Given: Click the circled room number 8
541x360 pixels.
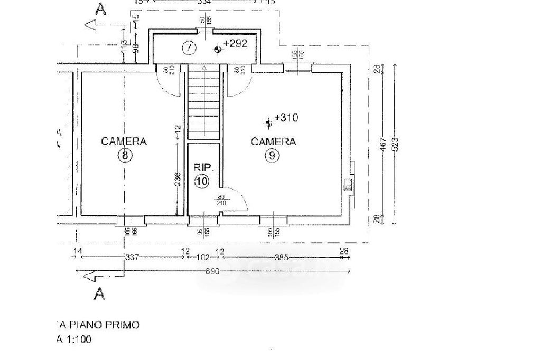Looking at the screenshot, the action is click(x=125, y=155).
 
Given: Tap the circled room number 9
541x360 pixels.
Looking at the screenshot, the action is click(x=272, y=156).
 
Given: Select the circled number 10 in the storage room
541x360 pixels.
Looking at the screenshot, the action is click(x=202, y=182).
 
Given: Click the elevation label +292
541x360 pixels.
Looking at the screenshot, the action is click(x=235, y=44).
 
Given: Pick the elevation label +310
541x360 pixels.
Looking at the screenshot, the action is click(x=286, y=118).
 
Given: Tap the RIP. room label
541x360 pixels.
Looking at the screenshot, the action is click(x=203, y=168).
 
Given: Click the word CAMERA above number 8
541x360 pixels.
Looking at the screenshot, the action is click(x=124, y=141).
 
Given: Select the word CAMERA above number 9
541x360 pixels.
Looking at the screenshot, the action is click(x=273, y=141).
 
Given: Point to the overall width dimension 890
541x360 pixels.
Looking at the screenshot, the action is click(x=212, y=271).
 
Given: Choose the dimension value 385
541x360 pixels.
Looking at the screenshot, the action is click(x=281, y=258).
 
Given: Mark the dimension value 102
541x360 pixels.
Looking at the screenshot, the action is click(x=202, y=258).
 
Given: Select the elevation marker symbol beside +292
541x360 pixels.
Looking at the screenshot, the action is click(x=218, y=50).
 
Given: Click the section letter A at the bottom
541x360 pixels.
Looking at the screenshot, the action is click(x=99, y=293).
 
